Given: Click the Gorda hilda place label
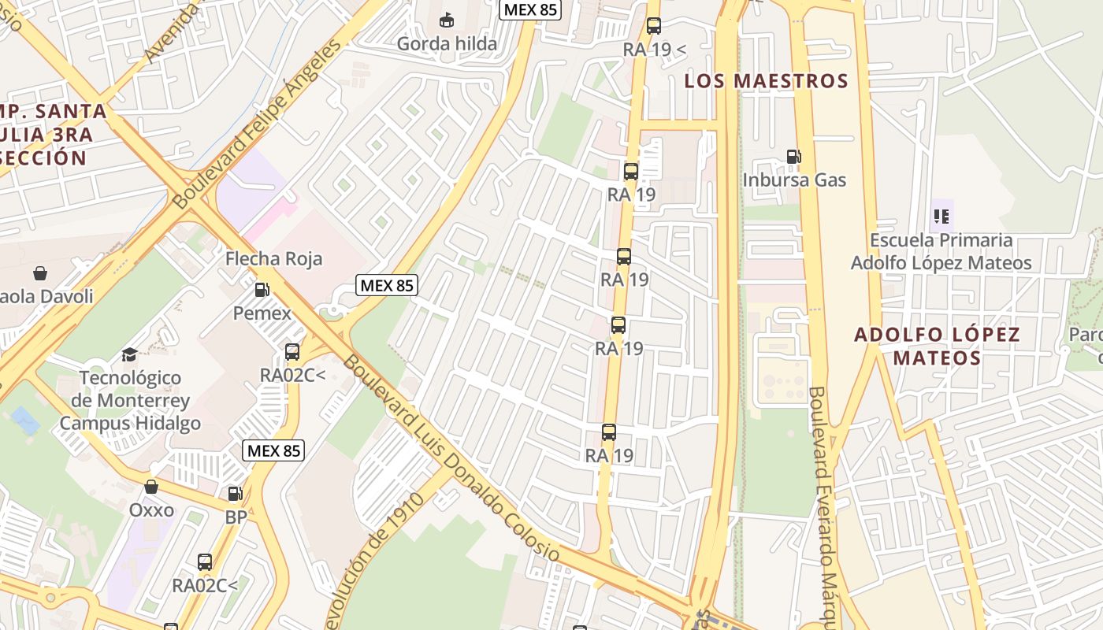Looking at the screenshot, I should pos(447,43).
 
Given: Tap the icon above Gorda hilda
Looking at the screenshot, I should pos(447,19).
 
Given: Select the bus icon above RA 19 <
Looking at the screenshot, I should pos(654,25).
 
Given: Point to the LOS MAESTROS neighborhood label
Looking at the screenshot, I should pos(766,80).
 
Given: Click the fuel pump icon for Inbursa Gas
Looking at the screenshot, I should pos(793,157).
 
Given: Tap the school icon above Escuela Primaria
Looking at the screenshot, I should pos(941,215).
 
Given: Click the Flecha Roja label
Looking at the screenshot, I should pos(273,258).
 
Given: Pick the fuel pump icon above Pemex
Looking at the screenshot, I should pos(262,289).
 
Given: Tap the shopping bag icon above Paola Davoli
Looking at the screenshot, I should pos(40,273).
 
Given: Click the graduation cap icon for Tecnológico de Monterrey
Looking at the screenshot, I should pos(130,354).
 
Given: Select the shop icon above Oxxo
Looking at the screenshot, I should pos(151,487).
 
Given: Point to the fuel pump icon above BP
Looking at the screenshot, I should pos(235,494).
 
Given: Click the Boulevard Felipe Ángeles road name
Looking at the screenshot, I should pos(258,124).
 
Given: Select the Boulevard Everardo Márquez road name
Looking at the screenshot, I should pos(821,504).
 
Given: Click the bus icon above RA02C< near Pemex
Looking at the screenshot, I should pos(292,351).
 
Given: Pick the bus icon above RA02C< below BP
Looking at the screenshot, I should pos(205,562).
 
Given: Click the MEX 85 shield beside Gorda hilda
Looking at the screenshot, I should pos(529,9).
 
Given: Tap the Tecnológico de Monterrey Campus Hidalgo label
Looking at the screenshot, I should pos(130,400).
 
